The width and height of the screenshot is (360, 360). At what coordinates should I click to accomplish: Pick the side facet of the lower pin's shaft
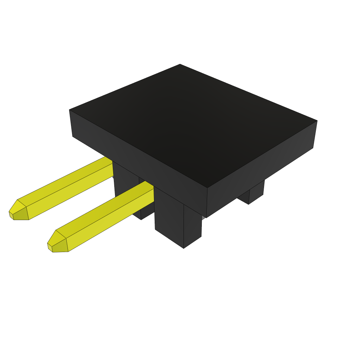[109, 221]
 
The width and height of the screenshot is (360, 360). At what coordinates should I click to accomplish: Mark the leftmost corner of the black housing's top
[70, 110]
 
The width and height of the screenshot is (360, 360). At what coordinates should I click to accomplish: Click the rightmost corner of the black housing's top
[317, 121]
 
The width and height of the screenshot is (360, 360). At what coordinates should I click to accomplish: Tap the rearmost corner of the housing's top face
[180, 64]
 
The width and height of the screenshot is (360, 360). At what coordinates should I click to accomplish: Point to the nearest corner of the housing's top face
[207, 187]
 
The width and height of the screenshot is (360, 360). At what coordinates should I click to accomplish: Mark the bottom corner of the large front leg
[184, 248]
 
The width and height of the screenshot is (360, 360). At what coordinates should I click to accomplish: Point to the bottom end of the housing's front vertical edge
[206, 217]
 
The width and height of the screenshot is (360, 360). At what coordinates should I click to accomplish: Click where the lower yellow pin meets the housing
[153, 195]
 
